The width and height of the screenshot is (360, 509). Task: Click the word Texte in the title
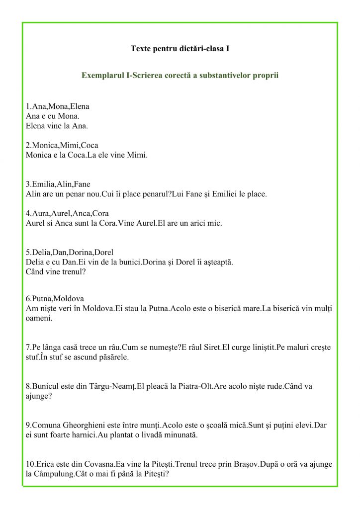click(141, 49)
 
